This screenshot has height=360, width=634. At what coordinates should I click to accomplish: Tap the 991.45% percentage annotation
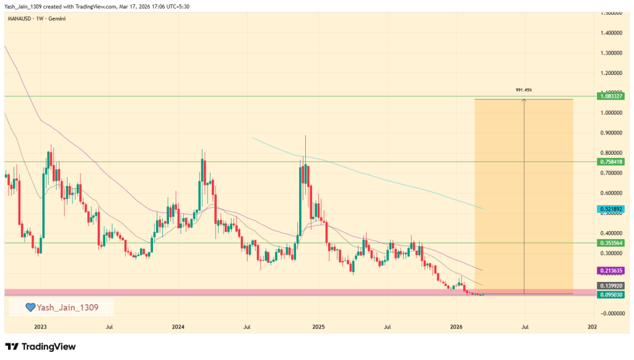pos(524,90)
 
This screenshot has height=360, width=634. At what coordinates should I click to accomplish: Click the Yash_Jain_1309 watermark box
pos(61,307)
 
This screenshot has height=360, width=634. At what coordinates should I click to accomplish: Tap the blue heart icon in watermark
pos(30,307)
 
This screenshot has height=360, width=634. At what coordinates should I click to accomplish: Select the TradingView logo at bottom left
pos(40,346)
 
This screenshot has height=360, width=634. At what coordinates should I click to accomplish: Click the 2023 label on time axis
pos(40,326)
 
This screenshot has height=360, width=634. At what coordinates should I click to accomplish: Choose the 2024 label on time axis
pos(178,326)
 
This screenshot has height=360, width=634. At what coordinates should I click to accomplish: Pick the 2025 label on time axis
pos(318,326)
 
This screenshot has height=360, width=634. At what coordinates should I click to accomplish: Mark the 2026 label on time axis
pos(456,326)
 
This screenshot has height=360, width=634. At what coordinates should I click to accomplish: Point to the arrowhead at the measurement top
pos(524,100)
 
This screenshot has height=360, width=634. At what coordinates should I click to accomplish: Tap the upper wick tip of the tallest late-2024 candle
pos(305,135)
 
